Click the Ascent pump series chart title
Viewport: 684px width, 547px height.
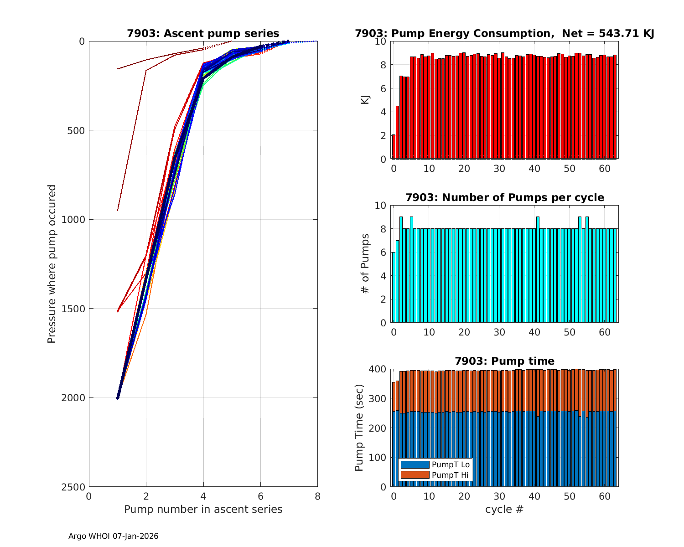point(203,33)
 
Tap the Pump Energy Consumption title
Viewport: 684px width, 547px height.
point(504,33)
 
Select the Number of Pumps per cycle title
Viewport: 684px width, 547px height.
point(504,197)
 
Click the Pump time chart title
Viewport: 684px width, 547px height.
point(504,361)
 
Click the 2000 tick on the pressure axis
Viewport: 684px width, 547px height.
point(73,398)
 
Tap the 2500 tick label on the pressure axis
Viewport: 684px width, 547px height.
point(73,487)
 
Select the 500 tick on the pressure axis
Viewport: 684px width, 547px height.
point(76,130)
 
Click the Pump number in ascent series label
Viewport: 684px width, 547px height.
point(203,509)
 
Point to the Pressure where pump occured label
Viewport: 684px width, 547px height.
point(52,264)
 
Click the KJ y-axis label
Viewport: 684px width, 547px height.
point(365,100)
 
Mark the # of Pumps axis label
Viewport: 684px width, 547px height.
point(365,263)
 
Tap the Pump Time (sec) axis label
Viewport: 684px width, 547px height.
point(359,428)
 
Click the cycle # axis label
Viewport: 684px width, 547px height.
point(504,509)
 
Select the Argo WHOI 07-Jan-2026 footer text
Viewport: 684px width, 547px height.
point(113,537)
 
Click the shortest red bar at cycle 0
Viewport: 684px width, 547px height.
point(394,147)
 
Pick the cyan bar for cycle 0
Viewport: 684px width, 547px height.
point(394,288)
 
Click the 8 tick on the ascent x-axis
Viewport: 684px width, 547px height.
point(317,496)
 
